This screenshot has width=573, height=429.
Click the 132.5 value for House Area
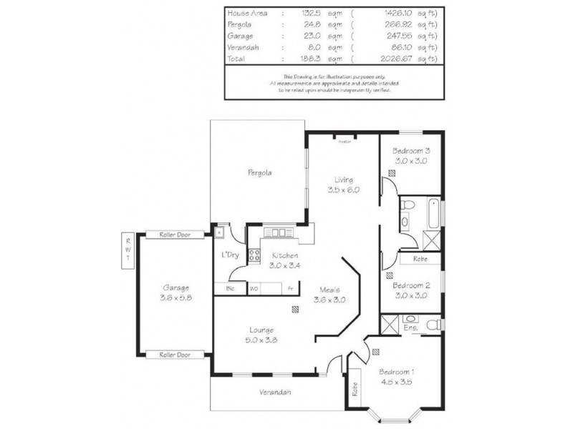[292, 13]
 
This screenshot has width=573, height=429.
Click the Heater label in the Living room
[344, 142]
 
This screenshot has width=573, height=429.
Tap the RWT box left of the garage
[128, 250]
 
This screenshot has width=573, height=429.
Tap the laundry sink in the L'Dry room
[221, 231]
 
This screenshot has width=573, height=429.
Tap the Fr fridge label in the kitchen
[290, 288]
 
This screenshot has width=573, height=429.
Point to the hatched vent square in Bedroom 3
[393, 173]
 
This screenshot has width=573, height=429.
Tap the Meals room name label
[329, 290]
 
